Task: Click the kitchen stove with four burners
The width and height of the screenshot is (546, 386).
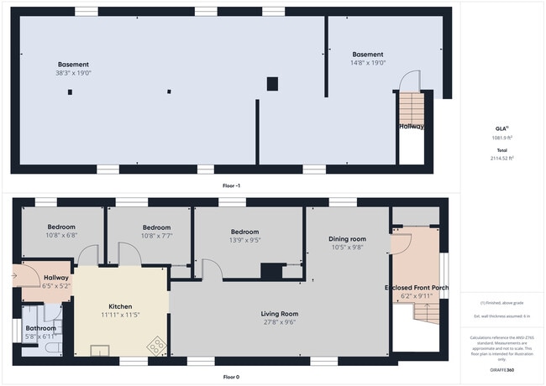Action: (x=156, y=343)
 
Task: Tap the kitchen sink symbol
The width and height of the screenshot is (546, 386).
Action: (x=100, y=349)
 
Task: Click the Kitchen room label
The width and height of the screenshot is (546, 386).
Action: (x=121, y=307)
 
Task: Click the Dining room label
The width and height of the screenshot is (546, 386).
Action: (x=346, y=239)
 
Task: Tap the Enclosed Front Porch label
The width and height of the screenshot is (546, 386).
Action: (x=417, y=288)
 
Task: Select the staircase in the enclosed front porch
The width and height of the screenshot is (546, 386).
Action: (x=427, y=315)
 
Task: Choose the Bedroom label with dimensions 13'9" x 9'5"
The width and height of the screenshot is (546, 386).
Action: (x=245, y=232)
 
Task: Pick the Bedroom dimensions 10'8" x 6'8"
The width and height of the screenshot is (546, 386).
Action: (x=61, y=236)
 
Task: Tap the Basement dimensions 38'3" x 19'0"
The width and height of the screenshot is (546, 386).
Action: (x=74, y=73)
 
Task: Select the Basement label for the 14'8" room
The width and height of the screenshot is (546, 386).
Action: (x=367, y=55)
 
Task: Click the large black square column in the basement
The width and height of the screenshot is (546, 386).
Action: (x=272, y=83)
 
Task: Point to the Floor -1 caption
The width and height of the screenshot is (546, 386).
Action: (x=230, y=185)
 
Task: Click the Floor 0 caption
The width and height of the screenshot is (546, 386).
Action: (x=230, y=378)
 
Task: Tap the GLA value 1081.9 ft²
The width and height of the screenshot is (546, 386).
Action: (x=502, y=138)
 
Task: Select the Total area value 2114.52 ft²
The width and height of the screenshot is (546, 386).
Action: (x=502, y=157)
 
